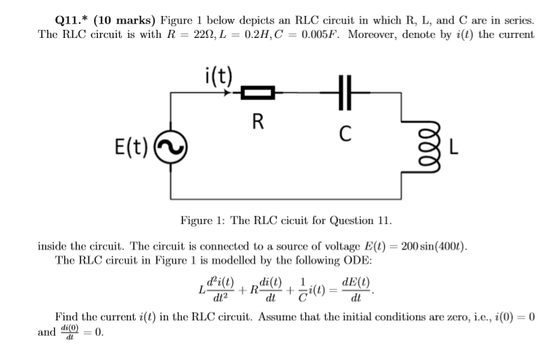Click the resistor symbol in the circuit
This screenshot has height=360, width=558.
point(257,93)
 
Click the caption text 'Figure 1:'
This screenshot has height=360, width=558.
point(202,220)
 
